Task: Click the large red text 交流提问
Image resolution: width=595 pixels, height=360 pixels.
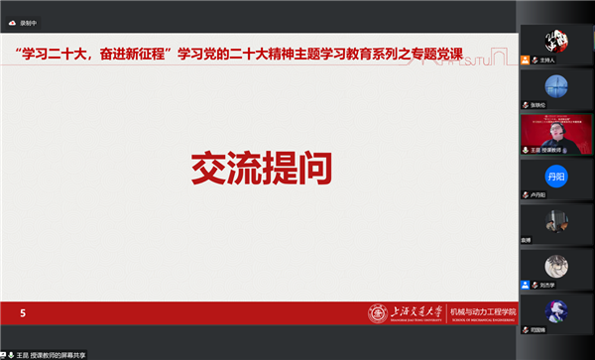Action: (x=259, y=170)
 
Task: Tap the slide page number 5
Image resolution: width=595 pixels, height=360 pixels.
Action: (x=23, y=313)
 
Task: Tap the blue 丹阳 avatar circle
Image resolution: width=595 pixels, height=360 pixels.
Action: (x=556, y=177)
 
